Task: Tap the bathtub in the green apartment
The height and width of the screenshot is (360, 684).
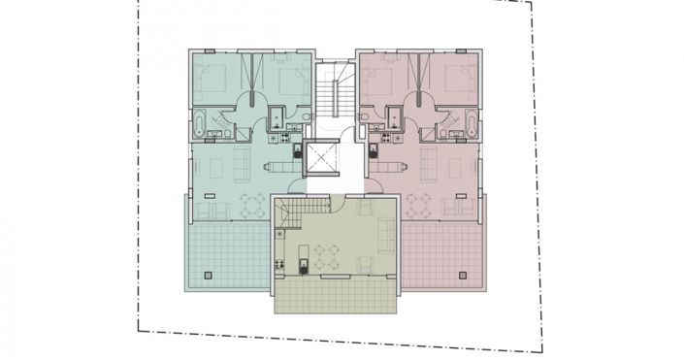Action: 199,124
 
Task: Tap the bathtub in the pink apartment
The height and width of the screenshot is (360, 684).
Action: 471,124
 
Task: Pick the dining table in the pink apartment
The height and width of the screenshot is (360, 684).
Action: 419,205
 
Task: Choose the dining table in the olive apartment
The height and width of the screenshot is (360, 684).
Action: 325,253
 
